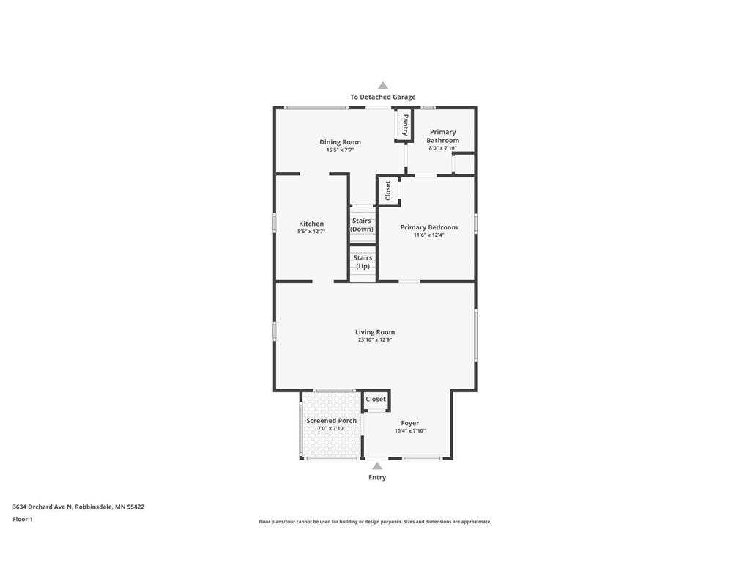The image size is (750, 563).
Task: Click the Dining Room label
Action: click(x=340, y=142)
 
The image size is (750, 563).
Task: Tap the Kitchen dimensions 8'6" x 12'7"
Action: click(x=311, y=232)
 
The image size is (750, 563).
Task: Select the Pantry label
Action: click(x=405, y=125)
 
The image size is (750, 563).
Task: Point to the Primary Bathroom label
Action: click(x=442, y=136)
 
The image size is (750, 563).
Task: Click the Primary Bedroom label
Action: click(x=428, y=227)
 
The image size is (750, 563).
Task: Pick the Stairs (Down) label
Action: click(x=362, y=225)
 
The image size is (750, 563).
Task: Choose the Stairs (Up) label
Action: click(x=363, y=262)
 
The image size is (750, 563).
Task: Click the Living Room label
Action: click(x=375, y=332)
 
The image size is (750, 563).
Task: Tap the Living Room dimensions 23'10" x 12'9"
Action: click(x=375, y=340)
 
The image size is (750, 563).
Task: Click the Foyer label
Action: click(x=410, y=423)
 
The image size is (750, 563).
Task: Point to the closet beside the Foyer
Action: click(x=376, y=400)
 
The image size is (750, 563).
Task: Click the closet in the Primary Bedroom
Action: click(x=388, y=191)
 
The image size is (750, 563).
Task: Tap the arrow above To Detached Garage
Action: click(x=382, y=86)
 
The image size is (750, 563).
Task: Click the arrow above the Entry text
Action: click(x=376, y=466)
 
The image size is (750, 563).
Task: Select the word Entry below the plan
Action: click(x=376, y=477)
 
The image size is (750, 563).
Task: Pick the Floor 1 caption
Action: click(x=23, y=519)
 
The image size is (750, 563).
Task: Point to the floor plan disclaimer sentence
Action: click(x=374, y=522)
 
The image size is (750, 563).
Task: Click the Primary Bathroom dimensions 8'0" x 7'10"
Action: click(x=442, y=148)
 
